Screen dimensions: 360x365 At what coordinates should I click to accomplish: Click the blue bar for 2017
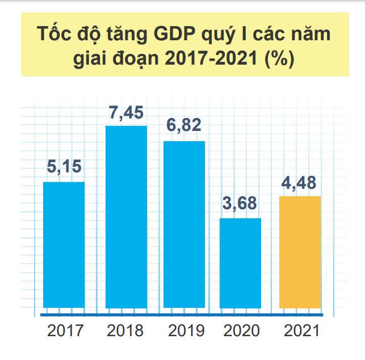click(64, 245)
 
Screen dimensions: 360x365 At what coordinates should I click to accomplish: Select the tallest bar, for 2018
click(126, 217)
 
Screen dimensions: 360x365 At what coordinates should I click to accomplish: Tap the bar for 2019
click(184, 224)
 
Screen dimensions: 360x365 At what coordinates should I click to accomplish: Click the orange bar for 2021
click(301, 252)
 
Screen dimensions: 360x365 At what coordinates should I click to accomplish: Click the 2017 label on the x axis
click(65, 330)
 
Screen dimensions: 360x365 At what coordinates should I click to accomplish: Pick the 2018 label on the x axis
click(125, 330)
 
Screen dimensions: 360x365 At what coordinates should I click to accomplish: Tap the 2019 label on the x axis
click(184, 330)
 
